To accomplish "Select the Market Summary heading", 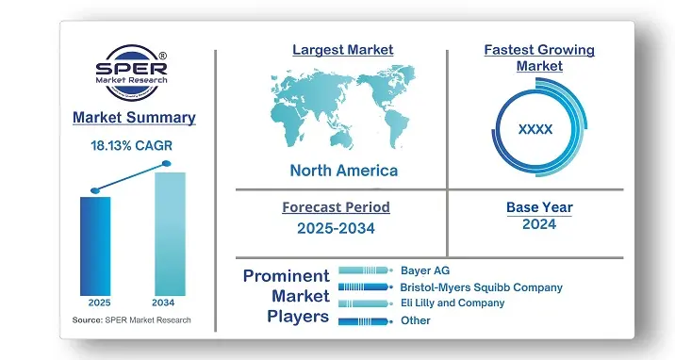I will tap(133, 118).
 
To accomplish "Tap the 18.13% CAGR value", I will tap(133, 146).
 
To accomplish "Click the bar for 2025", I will tap(94, 245).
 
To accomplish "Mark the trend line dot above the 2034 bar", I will tap(167, 164).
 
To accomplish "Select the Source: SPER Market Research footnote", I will tap(131, 321).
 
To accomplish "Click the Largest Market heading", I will tap(342, 49).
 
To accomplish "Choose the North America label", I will tap(343, 171).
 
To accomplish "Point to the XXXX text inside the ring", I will tap(535, 128).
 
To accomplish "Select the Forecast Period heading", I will tap(336, 207).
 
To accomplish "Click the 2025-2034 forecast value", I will tap(336, 227).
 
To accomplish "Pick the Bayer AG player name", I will tap(424, 270).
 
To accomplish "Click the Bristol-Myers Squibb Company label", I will tap(481, 286).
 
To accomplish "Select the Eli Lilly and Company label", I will tap(453, 303).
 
